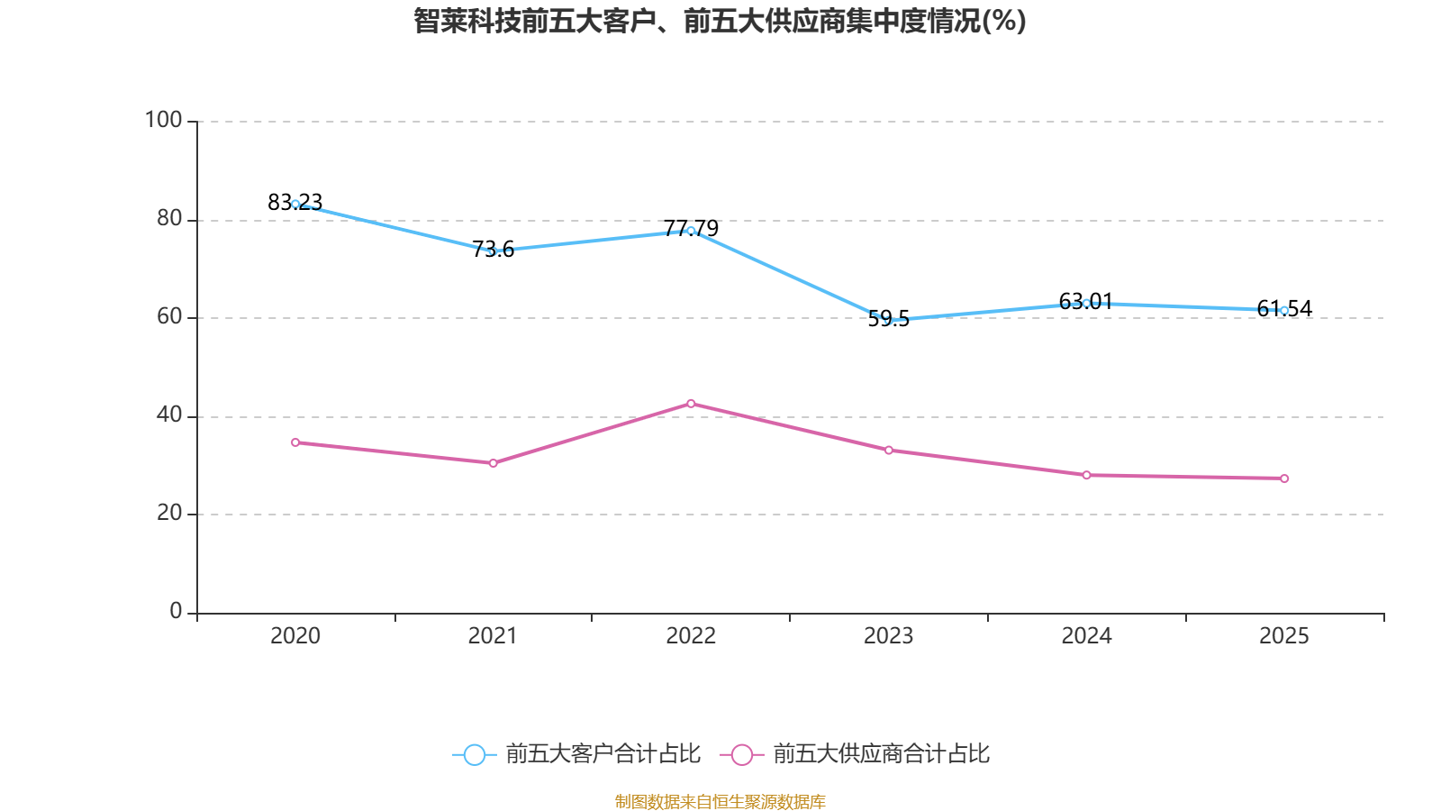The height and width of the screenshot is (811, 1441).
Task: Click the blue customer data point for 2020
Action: point(295,205)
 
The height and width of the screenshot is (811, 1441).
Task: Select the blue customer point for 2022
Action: point(691,231)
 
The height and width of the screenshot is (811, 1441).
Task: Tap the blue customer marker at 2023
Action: point(889,320)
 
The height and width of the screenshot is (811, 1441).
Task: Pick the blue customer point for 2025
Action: point(1284,311)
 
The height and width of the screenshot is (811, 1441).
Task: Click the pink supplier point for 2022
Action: point(691,404)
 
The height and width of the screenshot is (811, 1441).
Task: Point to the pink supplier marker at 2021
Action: point(493,463)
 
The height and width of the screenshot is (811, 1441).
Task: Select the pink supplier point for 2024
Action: point(1086,475)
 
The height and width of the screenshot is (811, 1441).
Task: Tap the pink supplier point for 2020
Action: point(295,442)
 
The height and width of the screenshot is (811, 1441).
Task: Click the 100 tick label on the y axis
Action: point(163,120)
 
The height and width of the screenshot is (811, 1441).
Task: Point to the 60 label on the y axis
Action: point(168,316)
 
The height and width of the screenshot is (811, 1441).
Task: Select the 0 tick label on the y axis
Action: point(176,611)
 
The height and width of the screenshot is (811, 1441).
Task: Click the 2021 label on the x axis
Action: point(493,636)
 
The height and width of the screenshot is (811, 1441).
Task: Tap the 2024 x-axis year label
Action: point(1086,636)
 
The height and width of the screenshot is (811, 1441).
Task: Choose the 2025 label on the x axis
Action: point(1283,636)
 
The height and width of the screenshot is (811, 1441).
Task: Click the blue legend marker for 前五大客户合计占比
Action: point(474,754)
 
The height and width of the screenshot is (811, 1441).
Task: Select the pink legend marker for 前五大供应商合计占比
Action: point(741,754)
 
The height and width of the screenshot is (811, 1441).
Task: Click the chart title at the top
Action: point(720,21)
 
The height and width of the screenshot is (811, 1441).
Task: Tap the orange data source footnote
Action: point(720,801)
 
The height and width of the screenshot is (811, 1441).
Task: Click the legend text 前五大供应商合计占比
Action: point(881,754)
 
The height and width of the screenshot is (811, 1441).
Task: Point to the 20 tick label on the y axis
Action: point(168,513)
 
